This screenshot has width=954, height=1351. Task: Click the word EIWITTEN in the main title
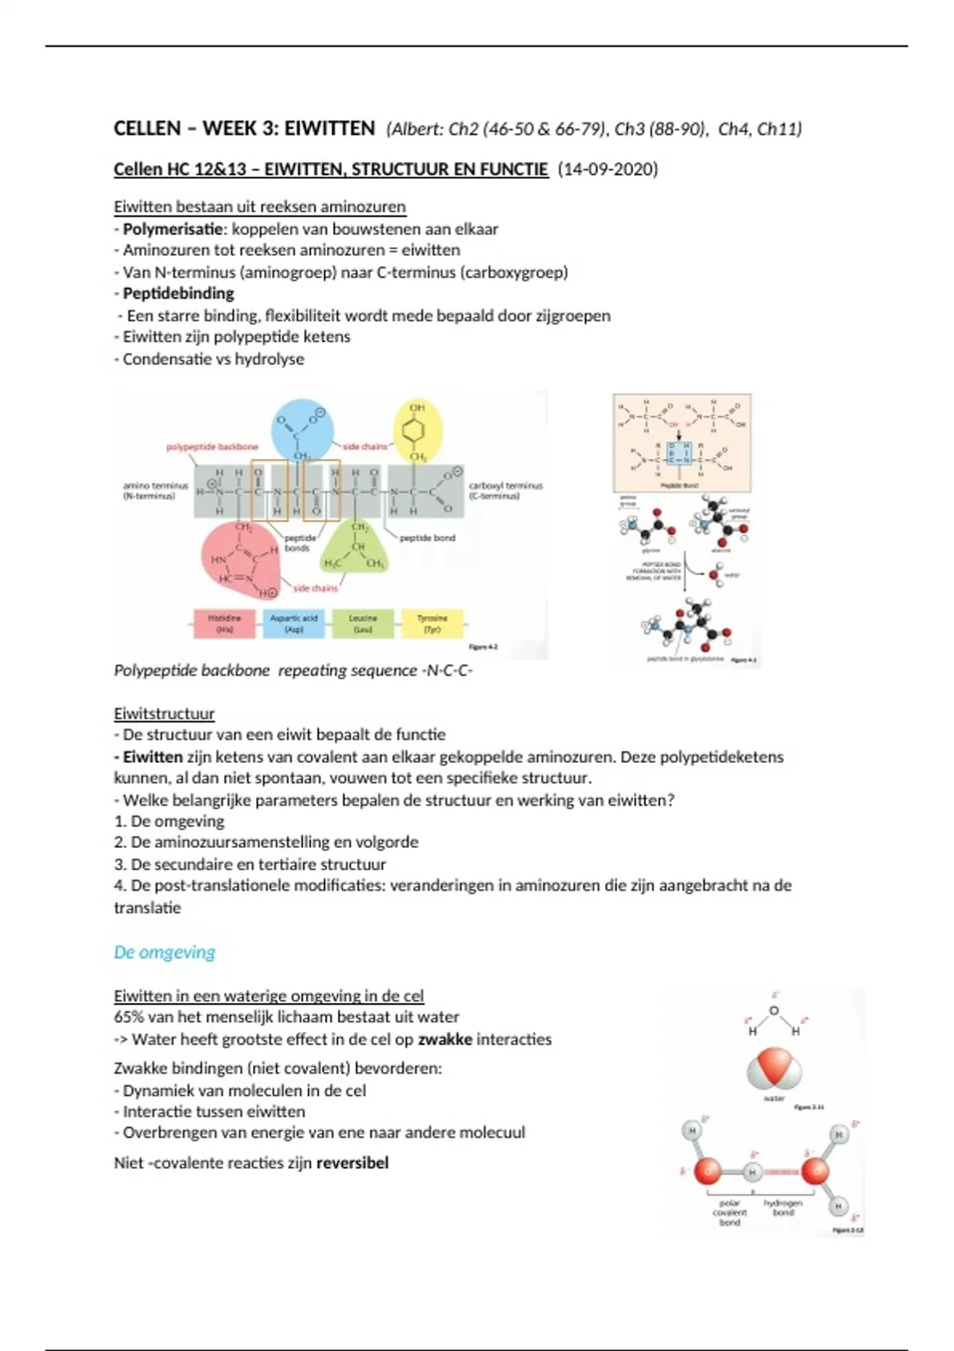click(x=329, y=129)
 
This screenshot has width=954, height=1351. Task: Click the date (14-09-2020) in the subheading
click(x=607, y=169)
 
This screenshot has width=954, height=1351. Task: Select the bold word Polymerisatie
click(x=173, y=229)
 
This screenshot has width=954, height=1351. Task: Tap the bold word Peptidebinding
click(x=178, y=293)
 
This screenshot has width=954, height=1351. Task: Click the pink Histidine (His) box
click(x=224, y=623)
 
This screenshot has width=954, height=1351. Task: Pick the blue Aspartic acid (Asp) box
click(x=293, y=623)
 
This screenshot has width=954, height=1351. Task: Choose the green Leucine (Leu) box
click(x=363, y=623)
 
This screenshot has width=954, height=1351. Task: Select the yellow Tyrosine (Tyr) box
click(x=432, y=623)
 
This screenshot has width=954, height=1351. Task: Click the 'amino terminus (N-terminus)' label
click(x=155, y=490)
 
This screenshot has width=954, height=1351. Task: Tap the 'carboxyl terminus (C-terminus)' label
click(x=505, y=490)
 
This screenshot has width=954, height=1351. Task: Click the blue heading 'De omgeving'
click(x=165, y=952)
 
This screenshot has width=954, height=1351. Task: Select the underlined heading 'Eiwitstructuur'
click(x=164, y=713)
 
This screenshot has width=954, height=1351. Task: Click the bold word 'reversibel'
click(x=352, y=1163)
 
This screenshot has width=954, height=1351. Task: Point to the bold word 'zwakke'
click(x=444, y=1039)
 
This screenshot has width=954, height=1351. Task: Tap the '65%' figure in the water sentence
click(x=130, y=1017)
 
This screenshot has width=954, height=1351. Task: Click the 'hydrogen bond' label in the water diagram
click(x=783, y=1208)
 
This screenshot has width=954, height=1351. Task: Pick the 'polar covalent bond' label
click(x=729, y=1213)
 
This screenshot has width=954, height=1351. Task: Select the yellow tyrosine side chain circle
click(x=418, y=430)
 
